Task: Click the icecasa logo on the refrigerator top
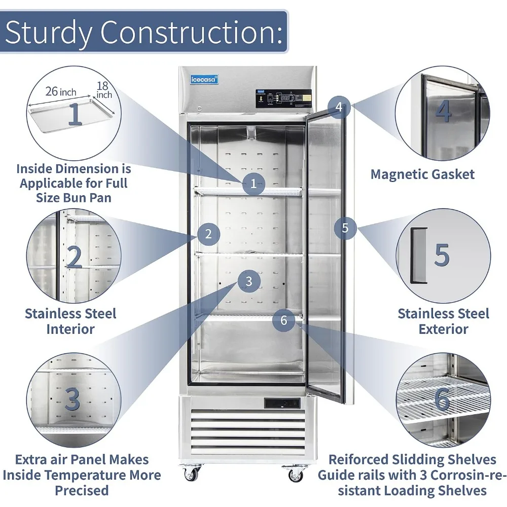204,79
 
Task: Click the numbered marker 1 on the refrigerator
253,184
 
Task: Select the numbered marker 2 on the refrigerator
208,234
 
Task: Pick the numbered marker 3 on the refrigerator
248,281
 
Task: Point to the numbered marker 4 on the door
339,107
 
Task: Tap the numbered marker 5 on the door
345,228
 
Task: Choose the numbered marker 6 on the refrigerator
283,320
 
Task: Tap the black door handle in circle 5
418,255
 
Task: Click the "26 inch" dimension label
61,92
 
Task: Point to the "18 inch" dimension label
104,90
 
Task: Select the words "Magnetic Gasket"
422,174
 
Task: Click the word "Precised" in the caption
82,491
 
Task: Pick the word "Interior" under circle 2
70,329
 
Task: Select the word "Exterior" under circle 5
443,329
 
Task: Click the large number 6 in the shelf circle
442,400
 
